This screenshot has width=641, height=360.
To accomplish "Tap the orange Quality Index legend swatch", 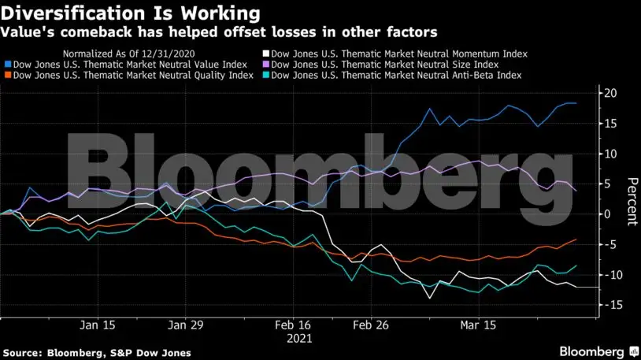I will [7, 75].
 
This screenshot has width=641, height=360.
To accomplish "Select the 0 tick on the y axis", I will [608, 214].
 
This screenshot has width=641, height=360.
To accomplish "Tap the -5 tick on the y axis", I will [610, 244].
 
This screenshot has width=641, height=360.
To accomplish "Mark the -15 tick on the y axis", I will [610, 305].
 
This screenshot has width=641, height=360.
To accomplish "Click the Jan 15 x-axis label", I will [98, 324].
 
